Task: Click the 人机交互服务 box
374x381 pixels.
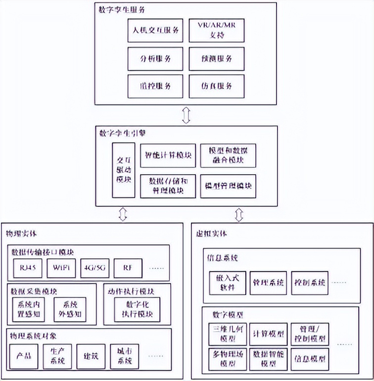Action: click(x=156, y=31)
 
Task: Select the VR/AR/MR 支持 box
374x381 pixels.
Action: click(x=217, y=31)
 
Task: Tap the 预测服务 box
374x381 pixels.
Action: click(x=217, y=58)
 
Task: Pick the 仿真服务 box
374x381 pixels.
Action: click(x=217, y=86)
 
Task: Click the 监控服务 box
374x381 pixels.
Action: click(x=156, y=86)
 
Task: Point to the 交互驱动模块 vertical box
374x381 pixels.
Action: click(x=124, y=170)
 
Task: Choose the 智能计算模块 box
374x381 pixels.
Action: click(x=167, y=155)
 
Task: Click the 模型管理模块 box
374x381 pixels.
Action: click(x=228, y=186)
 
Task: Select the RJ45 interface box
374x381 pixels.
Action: click(x=27, y=268)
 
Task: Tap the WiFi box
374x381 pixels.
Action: click(x=61, y=268)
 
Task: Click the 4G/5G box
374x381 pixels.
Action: click(x=94, y=268)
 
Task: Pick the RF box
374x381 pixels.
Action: click(x=128, y=268)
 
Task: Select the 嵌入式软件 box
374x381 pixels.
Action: click(x=227, y=283)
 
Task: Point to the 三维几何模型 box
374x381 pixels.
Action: click(x=227, y=333)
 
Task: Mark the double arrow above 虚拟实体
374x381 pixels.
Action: click(x=239, y=215)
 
